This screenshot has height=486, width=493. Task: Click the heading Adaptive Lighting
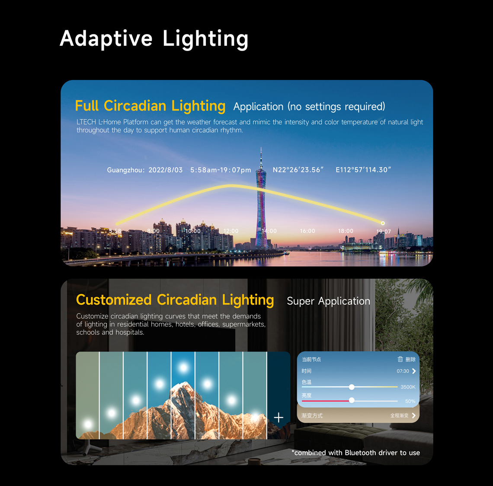click(154, 39)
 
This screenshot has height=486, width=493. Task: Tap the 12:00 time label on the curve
click(231, 231)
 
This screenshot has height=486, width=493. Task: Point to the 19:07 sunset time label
click(384, 232)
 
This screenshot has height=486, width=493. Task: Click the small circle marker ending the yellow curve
click(383, 223)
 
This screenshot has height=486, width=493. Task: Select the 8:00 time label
click(154, 231)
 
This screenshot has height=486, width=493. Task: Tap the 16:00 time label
click(307, 231)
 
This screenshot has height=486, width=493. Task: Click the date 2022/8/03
click(165, 170)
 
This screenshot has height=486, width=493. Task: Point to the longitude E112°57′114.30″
click(363, 170)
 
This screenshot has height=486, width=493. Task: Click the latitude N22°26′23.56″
click(298, 170)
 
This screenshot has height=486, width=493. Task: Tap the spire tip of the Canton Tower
click(261, 148)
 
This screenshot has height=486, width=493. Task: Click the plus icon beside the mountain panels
click(279, 417)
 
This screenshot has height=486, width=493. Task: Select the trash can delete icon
click(400, 359)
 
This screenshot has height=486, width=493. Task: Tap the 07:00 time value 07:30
click(403, 371)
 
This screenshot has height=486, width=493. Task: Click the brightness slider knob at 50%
click(352, 400)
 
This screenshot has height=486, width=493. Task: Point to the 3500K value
click(408, 387)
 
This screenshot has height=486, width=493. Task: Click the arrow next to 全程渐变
click(414, 416)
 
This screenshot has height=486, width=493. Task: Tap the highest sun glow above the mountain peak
click(183, 367)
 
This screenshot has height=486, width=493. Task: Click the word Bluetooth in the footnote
click(360, 453)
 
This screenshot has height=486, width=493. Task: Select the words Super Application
click(329, 301)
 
